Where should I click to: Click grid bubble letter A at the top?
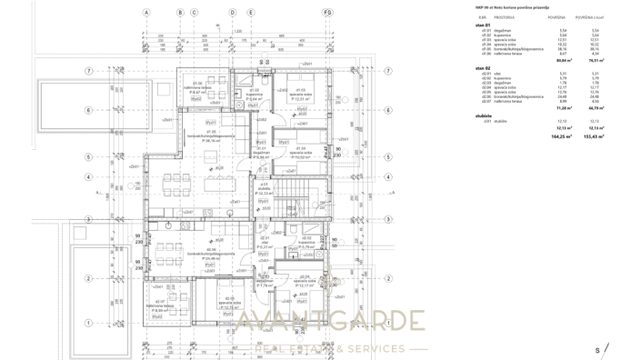tap(145, 14)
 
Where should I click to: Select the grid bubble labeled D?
tap(232, 14)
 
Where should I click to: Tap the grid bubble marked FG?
tap(326, 14)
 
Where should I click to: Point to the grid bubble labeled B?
tap(180, 14)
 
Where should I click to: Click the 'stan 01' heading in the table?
tap(483, 25)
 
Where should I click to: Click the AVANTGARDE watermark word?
tap(327, 322)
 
